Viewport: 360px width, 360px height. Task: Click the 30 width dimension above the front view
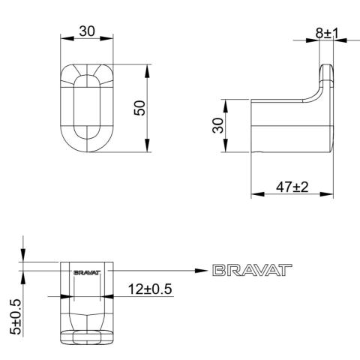[87, 31]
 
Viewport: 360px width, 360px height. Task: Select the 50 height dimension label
[139, 108]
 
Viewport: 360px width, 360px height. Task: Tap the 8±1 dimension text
[327, 33]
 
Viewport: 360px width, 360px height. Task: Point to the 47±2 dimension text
[292, 187]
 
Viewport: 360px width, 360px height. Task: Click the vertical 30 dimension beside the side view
[217, 125]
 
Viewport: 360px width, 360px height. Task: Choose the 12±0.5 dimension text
[150, 289]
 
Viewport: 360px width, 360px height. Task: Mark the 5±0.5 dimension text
[16, 317]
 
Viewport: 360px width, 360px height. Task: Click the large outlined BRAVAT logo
[252, 270]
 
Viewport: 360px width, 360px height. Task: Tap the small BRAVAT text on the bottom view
[87, 272]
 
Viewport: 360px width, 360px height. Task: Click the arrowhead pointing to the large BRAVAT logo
[201, 271]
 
